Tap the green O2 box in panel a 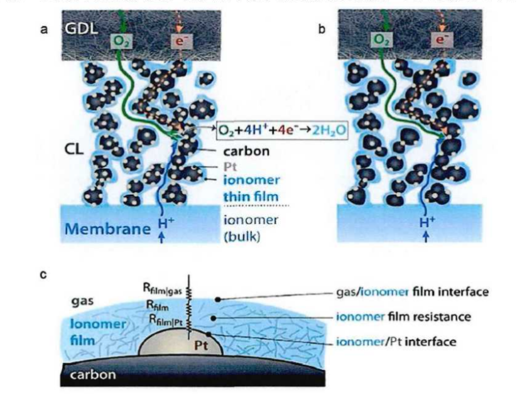pyautogui.click(x=119, y=41)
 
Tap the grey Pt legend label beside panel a pyautogui.click(x=231, y=166)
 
